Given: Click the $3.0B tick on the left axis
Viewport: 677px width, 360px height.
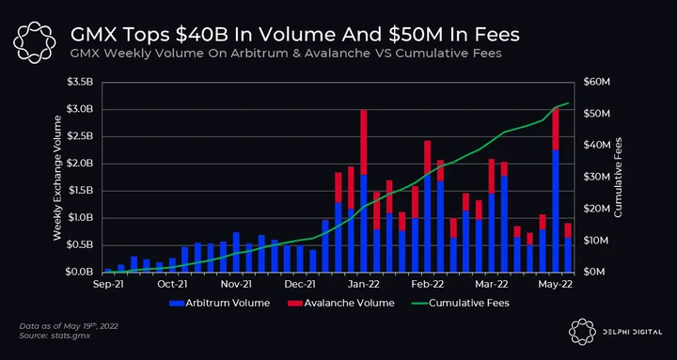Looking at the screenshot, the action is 80,109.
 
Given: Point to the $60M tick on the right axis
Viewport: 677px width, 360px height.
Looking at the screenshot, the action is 596,82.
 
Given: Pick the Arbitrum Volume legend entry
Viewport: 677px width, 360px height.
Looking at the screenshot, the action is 220,303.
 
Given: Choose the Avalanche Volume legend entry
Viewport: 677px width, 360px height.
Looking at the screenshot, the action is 341,303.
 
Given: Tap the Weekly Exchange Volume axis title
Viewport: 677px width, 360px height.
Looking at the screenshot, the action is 57,178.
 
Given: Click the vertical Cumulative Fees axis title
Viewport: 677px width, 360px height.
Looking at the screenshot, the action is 619,177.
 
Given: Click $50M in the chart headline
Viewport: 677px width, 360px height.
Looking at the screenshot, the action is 413,36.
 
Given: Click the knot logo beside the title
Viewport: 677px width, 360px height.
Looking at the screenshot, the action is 35,42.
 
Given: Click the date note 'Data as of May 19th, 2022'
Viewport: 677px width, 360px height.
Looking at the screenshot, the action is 69,326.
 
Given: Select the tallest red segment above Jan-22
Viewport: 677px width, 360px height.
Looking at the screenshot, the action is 364,142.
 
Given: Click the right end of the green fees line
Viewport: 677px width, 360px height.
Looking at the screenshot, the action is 569,102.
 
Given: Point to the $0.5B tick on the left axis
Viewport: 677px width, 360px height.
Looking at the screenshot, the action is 80,245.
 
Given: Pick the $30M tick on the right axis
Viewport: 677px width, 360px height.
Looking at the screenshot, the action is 596,177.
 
